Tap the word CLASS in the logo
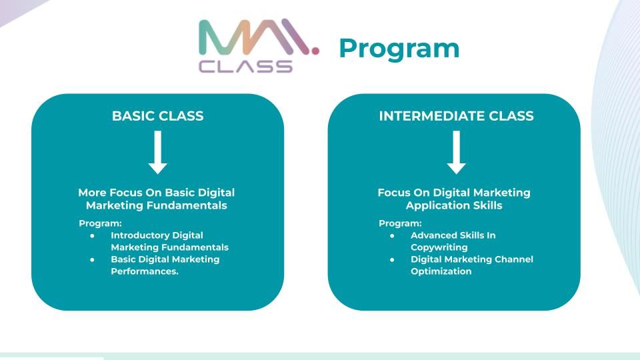pos(246,66)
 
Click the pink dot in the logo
pos(315,50)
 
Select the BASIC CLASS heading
pos(157,116)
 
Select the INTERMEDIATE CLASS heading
pos(456,116)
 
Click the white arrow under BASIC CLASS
pos(157,153)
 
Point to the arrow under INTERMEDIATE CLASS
pos(456,153)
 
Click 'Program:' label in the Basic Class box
pos(100,223)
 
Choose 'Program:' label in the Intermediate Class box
pos(400,223)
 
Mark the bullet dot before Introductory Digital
pos(92,235)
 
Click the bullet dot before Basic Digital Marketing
pos(92,259)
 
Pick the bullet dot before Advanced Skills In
pos(392,235)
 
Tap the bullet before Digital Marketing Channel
pos(392,259)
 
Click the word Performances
pos(145,271)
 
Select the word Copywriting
pos(439,247)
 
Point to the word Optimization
pos(441,271)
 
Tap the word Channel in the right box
pos(514,259)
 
